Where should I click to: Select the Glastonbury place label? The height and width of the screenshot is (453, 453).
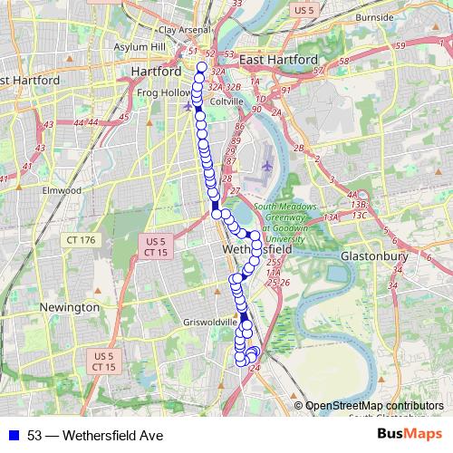point(374,256)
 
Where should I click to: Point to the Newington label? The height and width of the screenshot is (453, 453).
point(70,308)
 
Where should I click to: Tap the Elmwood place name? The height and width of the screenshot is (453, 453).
point(61,191)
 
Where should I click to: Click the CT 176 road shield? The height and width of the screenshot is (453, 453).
point(80,240)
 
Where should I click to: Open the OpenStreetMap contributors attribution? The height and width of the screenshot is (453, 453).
point(374,405)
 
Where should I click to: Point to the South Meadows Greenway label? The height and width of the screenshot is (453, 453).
point(288,213)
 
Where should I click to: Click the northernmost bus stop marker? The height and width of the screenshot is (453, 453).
point(201,67)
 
